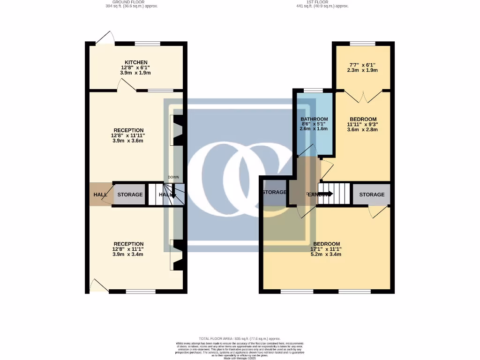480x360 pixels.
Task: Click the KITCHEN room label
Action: (136, 62)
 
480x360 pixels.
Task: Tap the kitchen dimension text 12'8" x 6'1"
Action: (136, 67)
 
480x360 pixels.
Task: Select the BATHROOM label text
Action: (314, 119)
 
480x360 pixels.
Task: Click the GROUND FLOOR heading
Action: (132, 2)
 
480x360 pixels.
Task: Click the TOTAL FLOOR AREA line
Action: (240, 338)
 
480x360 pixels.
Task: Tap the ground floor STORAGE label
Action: (130, 195)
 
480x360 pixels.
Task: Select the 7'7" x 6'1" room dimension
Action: (362, 65)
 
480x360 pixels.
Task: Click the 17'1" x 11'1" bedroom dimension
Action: (326, 249)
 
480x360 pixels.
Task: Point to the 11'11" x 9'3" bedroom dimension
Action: (362, 124)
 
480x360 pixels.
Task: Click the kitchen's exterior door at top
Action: (105, 38)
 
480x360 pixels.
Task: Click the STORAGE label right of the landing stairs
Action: (372, 195)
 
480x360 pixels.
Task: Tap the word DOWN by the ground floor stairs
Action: (173, 178)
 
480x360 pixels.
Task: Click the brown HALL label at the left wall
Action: (100, 195)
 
